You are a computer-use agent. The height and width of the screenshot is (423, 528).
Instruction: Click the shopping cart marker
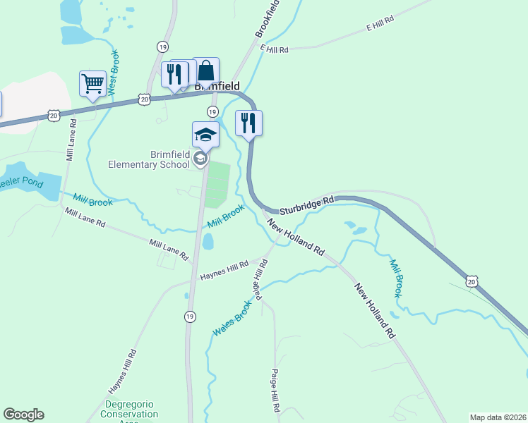pyautogui.click(x=92, y=85)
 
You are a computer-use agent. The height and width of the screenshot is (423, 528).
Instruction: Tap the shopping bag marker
pyautogui.click(x=205, y=71)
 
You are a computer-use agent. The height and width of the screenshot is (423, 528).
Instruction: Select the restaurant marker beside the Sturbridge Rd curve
pyautogui.click(x=248, y=123)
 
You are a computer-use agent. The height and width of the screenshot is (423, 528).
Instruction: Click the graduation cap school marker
pyautogui.click(x=205, y=135)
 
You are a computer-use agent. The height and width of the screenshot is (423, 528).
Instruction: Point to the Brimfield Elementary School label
pyautogui.click(x=149, y=159)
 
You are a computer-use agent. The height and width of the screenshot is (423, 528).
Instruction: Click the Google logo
pyautogui.click(x=23, y=415)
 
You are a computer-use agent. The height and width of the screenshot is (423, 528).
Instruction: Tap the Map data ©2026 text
pyautogui.click(x=498, y=417)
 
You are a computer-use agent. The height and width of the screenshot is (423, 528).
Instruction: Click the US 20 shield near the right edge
pyautogui.click(x=472, y=281)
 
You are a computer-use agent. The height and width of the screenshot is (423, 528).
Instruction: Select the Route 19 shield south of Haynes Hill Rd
pyautogui.click(x=190, y=317)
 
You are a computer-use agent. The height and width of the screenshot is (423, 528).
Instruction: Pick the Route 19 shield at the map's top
pyautogui.click(x=163, y=47)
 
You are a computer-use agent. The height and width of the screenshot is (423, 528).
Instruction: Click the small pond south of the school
pyautogui.click(x=208, y=242)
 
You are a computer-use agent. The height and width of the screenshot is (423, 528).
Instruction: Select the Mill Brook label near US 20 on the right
pyautogui.click(x=396, y=277)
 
